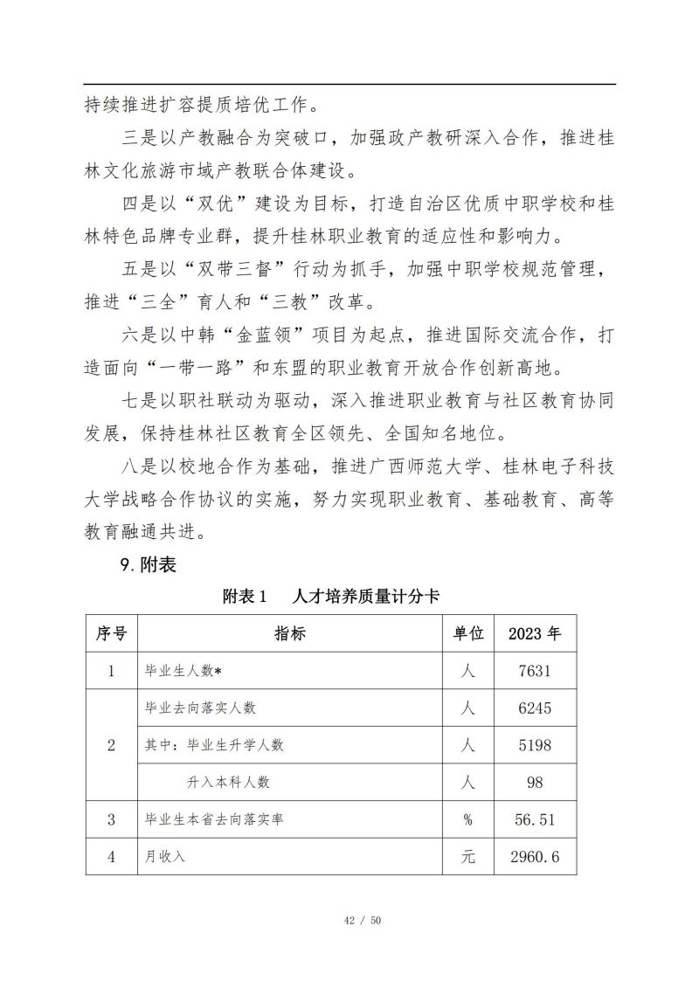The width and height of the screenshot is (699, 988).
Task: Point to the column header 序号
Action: [x=111, y=633]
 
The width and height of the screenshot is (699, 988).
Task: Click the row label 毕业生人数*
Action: [x=183, y=671]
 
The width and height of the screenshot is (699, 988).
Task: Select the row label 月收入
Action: [x=165, y=857]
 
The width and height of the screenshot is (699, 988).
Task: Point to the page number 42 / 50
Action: [x=349, y=920]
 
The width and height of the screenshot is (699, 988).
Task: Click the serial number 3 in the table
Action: [x=111, y=819]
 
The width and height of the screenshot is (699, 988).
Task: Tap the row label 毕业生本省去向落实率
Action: [x=213, y=819]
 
